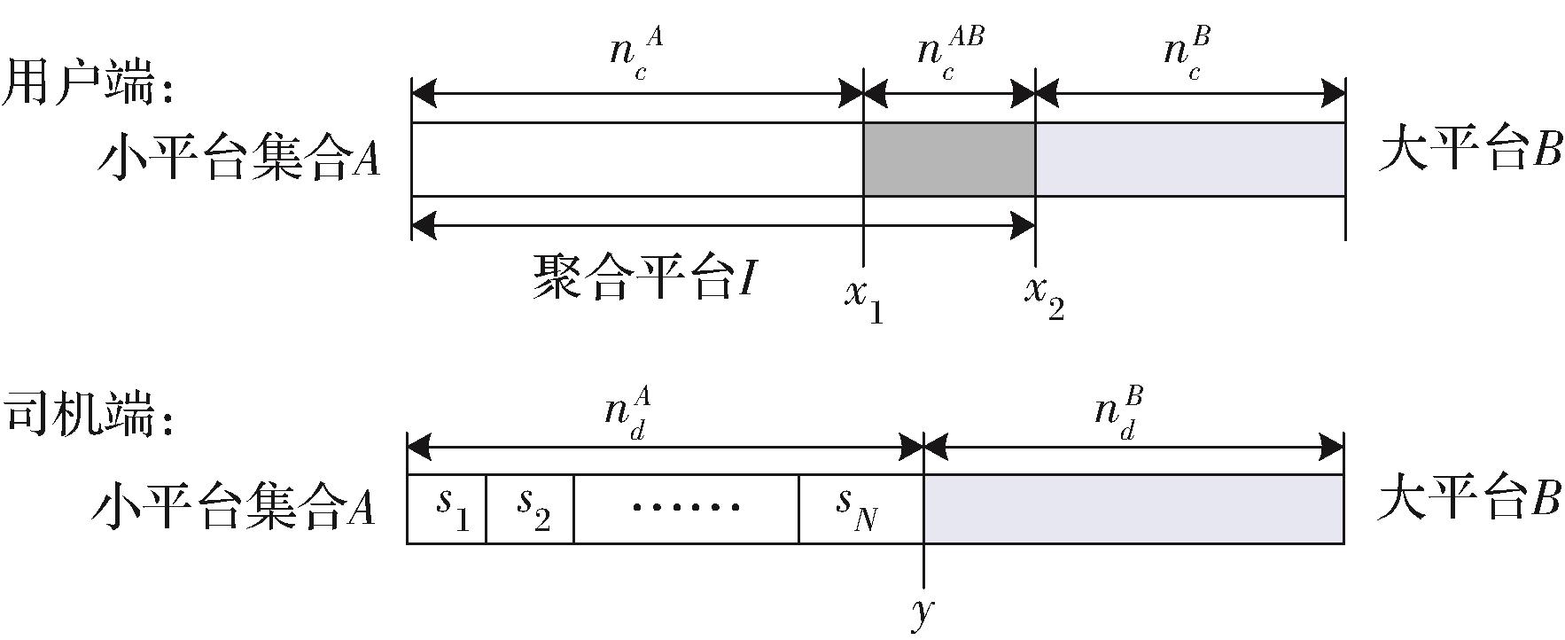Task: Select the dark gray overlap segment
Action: coord(949,160)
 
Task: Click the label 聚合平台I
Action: coord(642,277)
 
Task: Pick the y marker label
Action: coord(923,611)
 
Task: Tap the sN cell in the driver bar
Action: coord(858,508)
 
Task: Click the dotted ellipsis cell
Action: coord(686,508)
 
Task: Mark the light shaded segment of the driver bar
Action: coord(1133,509)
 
